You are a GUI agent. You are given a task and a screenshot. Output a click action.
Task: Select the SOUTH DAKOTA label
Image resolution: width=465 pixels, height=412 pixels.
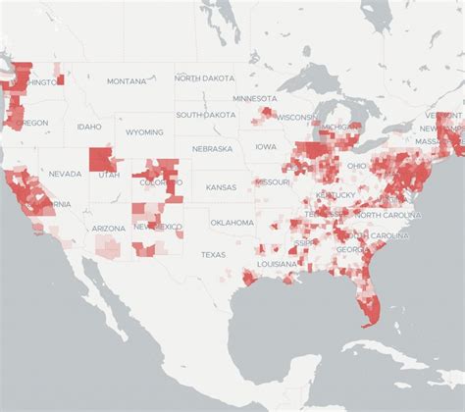point(207,115)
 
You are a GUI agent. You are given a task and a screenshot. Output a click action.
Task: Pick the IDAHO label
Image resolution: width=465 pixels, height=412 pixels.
point(89,127)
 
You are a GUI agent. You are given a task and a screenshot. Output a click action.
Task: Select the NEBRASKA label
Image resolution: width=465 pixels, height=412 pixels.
point(212,149)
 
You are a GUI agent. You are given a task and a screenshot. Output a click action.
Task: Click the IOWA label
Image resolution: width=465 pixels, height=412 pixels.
point(266,146)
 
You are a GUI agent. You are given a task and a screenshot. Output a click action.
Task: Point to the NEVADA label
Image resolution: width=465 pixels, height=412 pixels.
point(65,174)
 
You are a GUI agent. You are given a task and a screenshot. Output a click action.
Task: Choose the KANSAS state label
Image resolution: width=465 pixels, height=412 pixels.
point(221,186)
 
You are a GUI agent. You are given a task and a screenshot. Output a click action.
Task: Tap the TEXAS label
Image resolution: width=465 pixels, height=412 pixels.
point(213,254)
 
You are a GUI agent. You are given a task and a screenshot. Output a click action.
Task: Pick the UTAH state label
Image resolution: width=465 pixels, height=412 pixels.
point(109,176)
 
